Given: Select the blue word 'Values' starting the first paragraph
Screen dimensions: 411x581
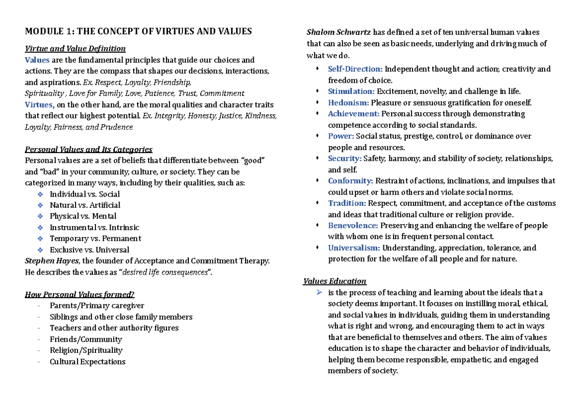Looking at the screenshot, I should click(x=37, y=60).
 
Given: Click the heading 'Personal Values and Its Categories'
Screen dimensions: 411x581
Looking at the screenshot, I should click(x=89, y=149).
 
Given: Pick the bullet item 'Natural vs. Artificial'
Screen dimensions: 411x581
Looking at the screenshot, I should click(x=85, y=205).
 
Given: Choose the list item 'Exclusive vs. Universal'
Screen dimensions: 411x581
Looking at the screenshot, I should click(x=89, y=250).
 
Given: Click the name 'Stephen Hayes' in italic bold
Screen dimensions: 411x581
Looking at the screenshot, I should click(x=52, y=261).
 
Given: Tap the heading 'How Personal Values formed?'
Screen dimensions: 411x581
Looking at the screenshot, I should click(x=79, y=294).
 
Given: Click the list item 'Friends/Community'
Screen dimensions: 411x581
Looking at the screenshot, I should click(x=86, y=339).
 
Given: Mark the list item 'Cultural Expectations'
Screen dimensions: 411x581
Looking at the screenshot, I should click(x=87, y=362).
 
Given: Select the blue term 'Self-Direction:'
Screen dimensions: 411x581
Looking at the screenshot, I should click(x=355, y=69).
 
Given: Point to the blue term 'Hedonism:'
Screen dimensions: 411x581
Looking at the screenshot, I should click(x=349, y=102).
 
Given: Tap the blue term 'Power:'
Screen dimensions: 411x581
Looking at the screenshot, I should click(x=341, y=136).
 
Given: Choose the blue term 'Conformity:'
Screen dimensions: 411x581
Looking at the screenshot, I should click(x=351, y=181).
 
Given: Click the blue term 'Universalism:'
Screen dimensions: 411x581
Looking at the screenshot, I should click(x=354, y=248).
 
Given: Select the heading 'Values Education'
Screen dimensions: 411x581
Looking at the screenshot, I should click(x=335, y=281).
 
